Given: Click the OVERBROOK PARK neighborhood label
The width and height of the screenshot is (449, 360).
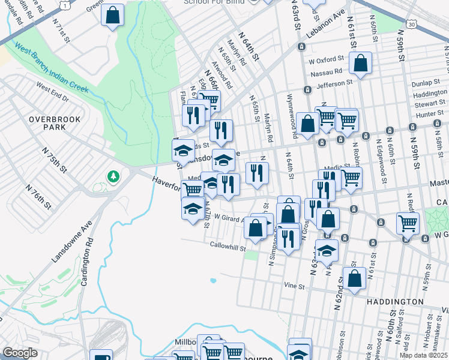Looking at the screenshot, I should coord(55,124).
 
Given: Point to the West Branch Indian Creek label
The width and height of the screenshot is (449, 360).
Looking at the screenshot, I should coord(51,68).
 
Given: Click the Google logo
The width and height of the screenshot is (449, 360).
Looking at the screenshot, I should coord(20,353).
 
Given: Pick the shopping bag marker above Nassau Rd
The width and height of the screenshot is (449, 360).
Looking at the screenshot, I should coord(360,63).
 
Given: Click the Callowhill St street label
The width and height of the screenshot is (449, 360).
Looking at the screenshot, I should coord(228,245).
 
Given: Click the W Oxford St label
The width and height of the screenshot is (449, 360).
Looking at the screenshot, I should coord(325,61).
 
